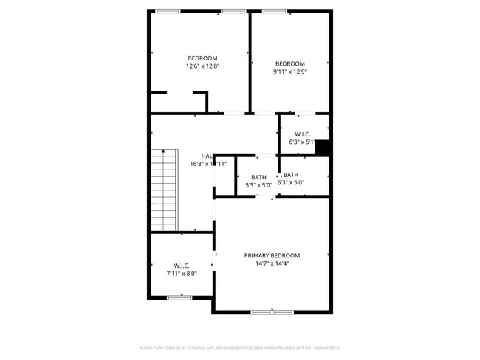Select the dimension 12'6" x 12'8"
pyautogui.click(x=202, y=66)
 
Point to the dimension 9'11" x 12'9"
pyautogui.click(x=289, y=72)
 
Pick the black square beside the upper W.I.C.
pyautogui.click(x=321, y=147)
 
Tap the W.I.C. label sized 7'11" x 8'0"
pyautogui.click(x=182, y=266)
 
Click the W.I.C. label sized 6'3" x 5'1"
pyautogui.click(x=302, y=134)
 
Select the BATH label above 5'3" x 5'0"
pyautogui.click(x=258, y=177)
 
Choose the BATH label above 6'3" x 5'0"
pyautogui.click(x=291, y=175)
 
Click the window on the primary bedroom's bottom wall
pyautogui.click(x=272, y=312)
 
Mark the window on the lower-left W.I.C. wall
pyautogui.click(x=179, y=297)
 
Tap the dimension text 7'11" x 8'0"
pyautogui.click(x=182, y=274)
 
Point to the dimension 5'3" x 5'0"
pyautogui.click(x=258, y=185)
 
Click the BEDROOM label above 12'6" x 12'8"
pyautogui.click(x=202, y=58)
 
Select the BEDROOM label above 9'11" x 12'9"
pyautogui.click(x=289, y=63)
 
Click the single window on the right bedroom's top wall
pyautogui.click(x=275, y=11)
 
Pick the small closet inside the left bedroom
pyautogui.click(x=177, y=102)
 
